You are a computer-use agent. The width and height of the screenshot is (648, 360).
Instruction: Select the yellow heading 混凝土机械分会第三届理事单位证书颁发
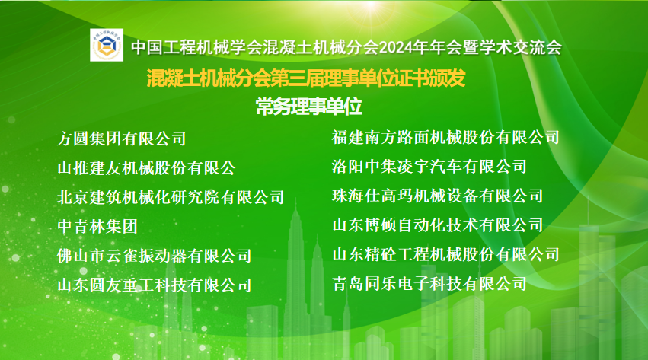tap(305, 78)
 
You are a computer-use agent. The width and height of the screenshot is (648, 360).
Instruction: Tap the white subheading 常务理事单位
tap(308, 107)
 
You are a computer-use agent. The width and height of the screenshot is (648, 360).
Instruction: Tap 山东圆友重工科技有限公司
tap(154, 285)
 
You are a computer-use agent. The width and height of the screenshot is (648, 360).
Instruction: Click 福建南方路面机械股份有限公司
tap(445, 137)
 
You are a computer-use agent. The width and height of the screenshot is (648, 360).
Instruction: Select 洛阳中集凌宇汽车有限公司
tap(429, 166)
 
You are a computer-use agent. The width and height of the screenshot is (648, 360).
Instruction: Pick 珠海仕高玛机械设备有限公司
tap(437, 196)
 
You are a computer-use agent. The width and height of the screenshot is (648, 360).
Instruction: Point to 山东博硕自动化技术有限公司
tap(437, 225)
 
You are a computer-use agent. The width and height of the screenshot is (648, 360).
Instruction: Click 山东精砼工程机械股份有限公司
tap(445, 254)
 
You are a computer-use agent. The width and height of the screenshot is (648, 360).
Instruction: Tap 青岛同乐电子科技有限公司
tap(429, 284)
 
